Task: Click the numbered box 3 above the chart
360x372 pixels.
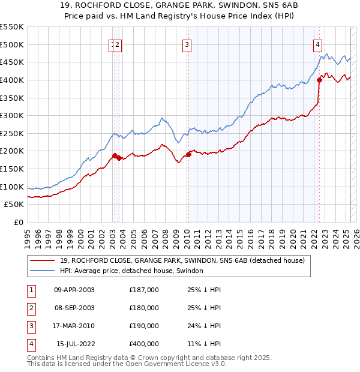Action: coord(187,44)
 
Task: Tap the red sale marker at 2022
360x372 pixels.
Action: coord(319,80)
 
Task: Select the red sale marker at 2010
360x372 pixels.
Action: coord(188,154)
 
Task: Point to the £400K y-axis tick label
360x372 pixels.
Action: coord(12,80)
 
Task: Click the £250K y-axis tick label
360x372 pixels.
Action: coord(12,133)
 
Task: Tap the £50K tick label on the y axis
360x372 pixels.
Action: coord(14,205)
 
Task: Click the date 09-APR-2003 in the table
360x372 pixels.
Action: coord(74,290)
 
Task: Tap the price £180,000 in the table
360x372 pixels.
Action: coord(144,308)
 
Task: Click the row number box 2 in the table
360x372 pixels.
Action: coord(31,308)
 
